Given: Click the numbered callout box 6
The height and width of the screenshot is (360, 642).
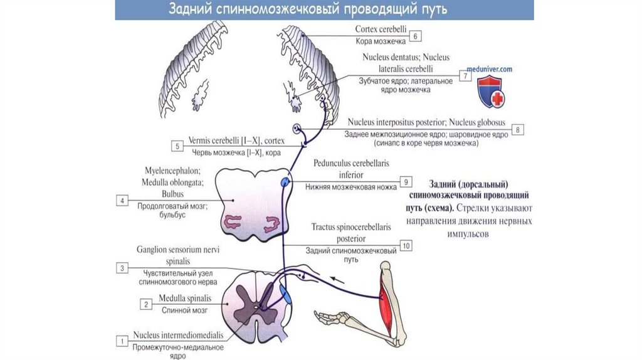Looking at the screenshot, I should pos(414,36).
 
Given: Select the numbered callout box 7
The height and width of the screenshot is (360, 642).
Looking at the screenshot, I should pos(465,76).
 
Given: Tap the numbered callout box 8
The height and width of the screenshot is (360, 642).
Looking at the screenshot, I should pos(518,130).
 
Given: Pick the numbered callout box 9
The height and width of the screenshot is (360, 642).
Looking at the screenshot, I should pos(406,183).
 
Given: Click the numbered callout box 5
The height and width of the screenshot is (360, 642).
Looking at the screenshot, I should pos(177,147).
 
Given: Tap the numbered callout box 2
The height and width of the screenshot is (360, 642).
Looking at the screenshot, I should pos(146,304).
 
